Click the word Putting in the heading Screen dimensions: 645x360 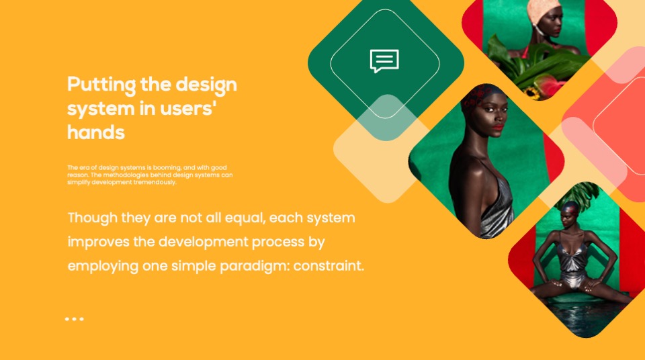tap(101, 85)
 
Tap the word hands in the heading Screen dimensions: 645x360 tap(96, 132)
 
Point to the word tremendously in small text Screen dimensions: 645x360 tap(155, 182)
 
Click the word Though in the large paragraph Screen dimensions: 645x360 tap(93, 218)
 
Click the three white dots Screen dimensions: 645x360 tap(75, 319)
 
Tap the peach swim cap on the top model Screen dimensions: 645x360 tap(542, 11)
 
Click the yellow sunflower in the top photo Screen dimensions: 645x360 tap(532, 93)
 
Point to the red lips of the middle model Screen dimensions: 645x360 tap(498, 127)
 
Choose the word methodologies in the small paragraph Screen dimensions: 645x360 tap(122, 175)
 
